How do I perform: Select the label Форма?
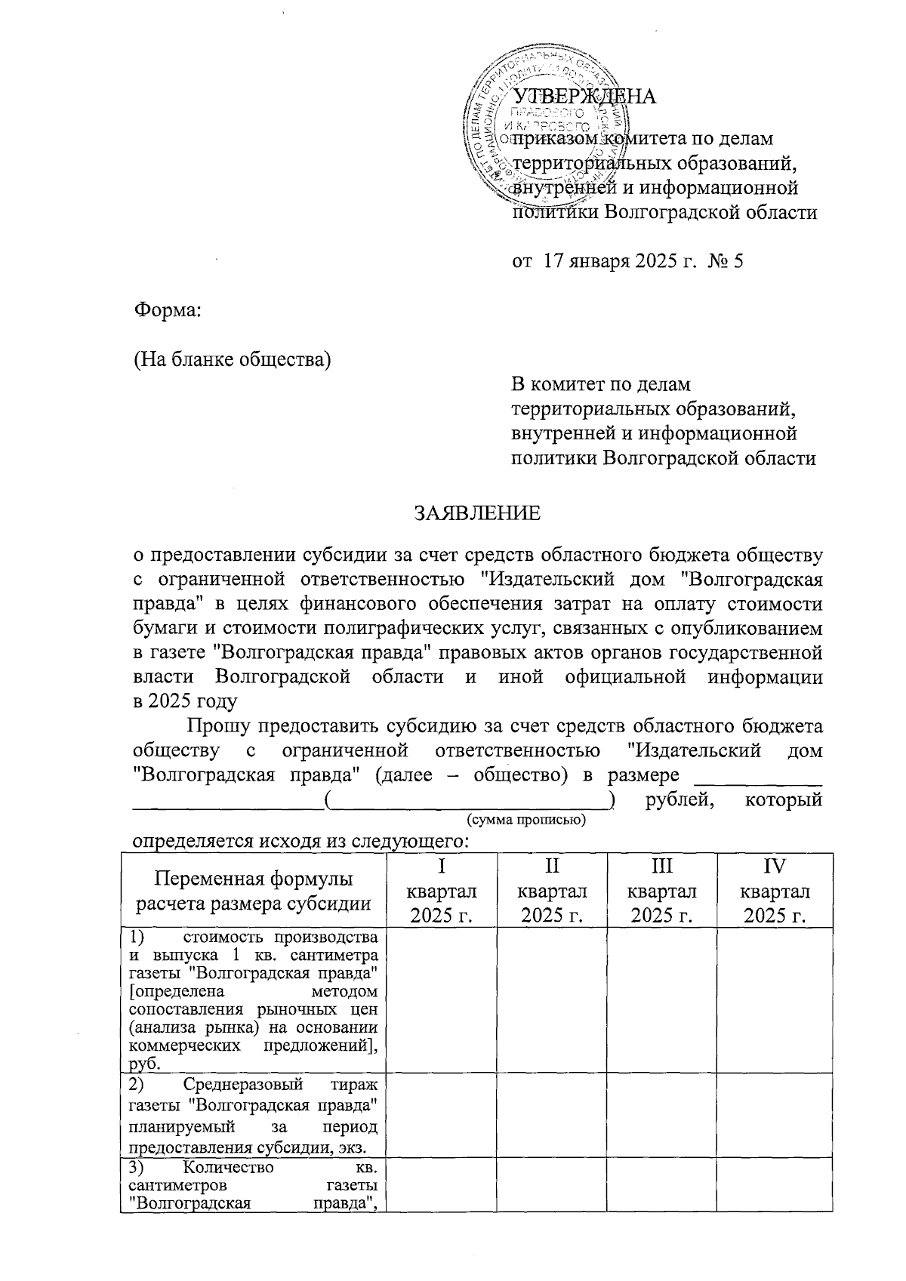coord(168,310)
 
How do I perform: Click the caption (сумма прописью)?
coord(526,820)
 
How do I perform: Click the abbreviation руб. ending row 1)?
coord(145,1064)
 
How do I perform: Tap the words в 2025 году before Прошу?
coord(185,701)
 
